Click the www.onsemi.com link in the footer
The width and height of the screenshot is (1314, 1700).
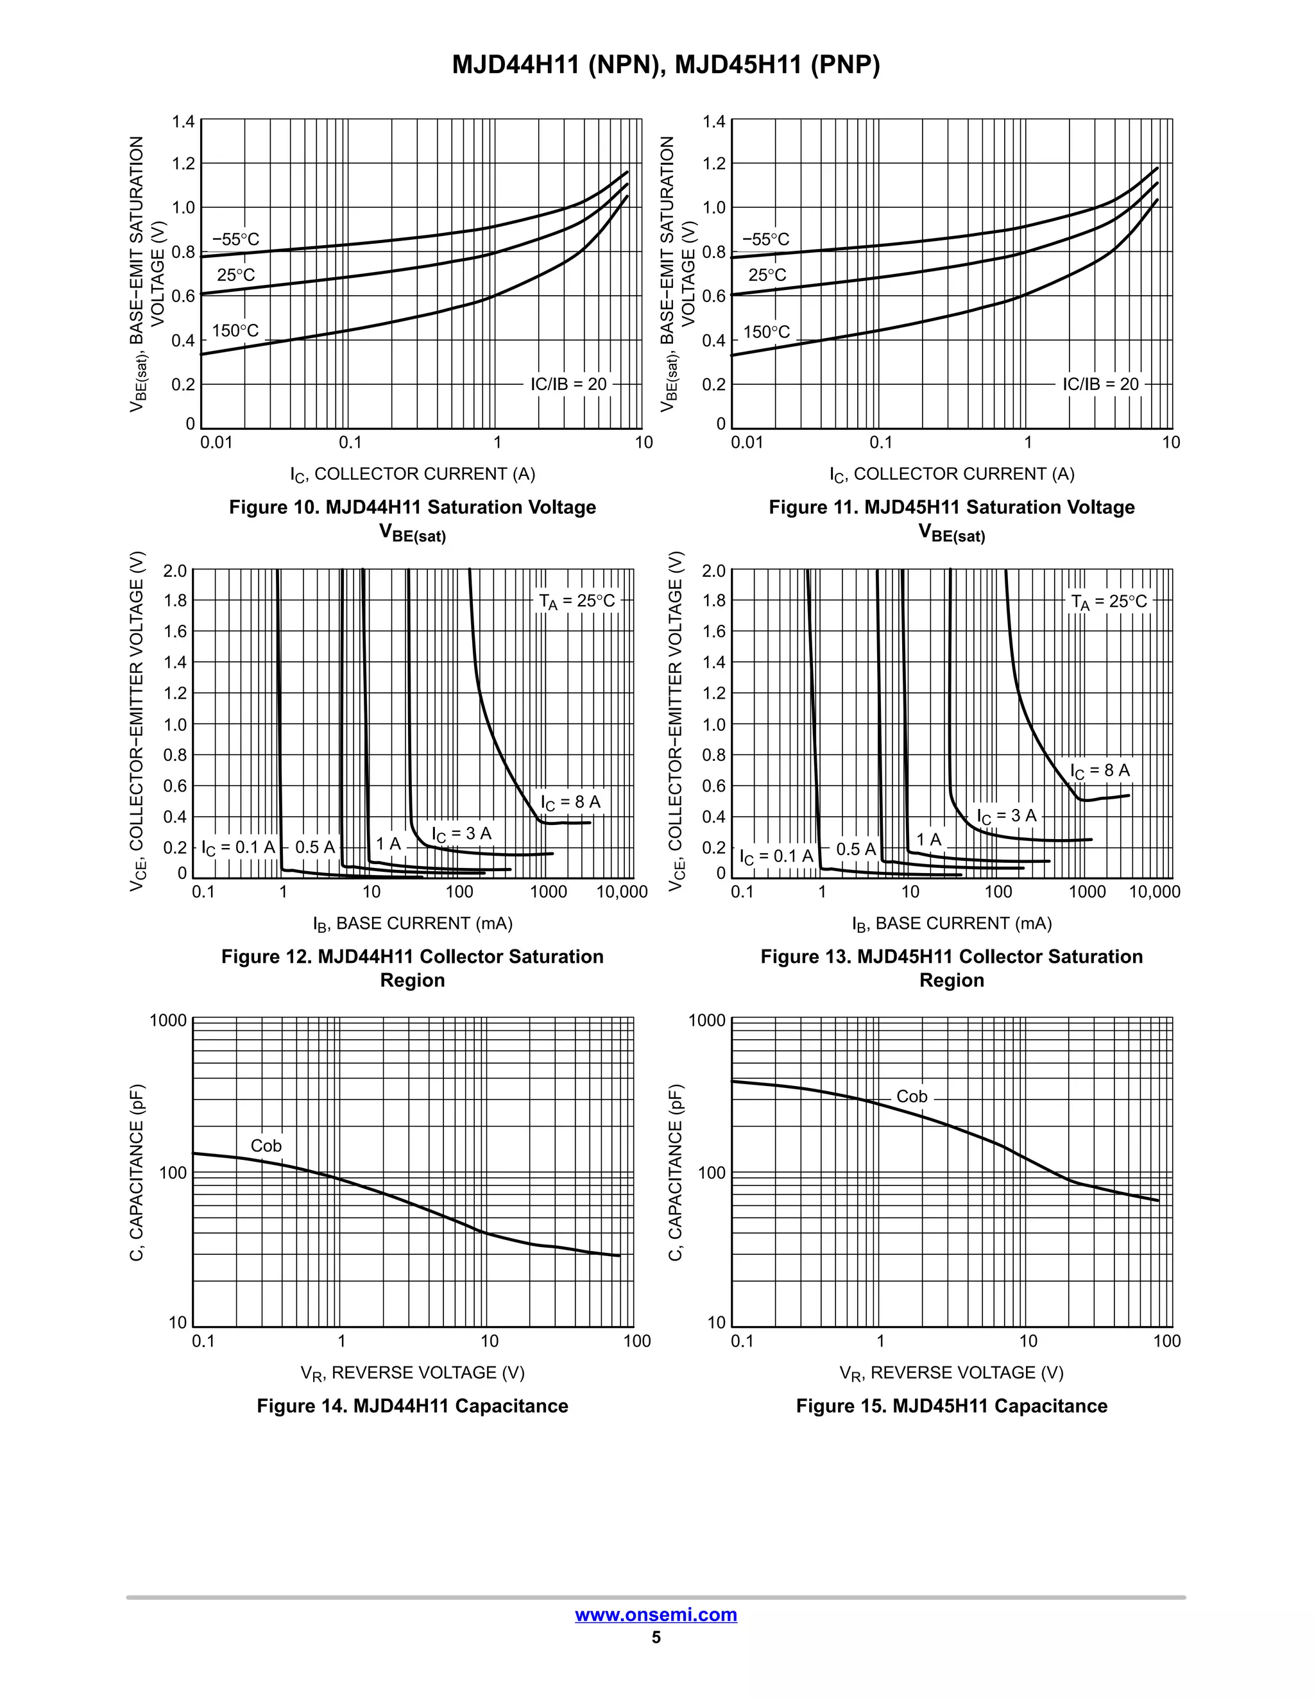click(656, 1615)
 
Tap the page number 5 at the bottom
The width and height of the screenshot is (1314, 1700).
click(656, 1637)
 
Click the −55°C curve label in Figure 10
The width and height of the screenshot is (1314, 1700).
click(236, 239)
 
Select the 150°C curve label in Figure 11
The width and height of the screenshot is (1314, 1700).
click(767, 332)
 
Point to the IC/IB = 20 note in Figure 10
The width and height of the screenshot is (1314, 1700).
click(568, 384)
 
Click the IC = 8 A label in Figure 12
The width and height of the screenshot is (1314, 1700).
click(570, 803)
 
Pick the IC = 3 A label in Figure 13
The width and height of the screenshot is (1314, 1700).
click(1007, 816)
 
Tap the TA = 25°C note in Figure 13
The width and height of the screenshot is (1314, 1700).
click(1109, 602)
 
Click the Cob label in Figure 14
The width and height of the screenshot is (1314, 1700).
click(266, 1146)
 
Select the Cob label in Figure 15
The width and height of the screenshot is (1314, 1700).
click(912, 1097)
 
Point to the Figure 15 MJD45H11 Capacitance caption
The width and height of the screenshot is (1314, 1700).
click(951, 1406)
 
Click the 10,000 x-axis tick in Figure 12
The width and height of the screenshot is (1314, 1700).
click(622, 892)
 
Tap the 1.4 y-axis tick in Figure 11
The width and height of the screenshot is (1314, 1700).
click(714, 121)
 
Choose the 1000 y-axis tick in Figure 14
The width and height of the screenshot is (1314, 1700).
click(168, 1021)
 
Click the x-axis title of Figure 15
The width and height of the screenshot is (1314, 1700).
click(951, 1373)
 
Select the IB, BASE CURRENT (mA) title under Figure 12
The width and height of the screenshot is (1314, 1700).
click(413, 924)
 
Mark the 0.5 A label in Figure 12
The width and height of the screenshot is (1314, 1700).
click(314, 847)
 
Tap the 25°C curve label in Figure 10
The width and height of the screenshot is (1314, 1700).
click(236, 275)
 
